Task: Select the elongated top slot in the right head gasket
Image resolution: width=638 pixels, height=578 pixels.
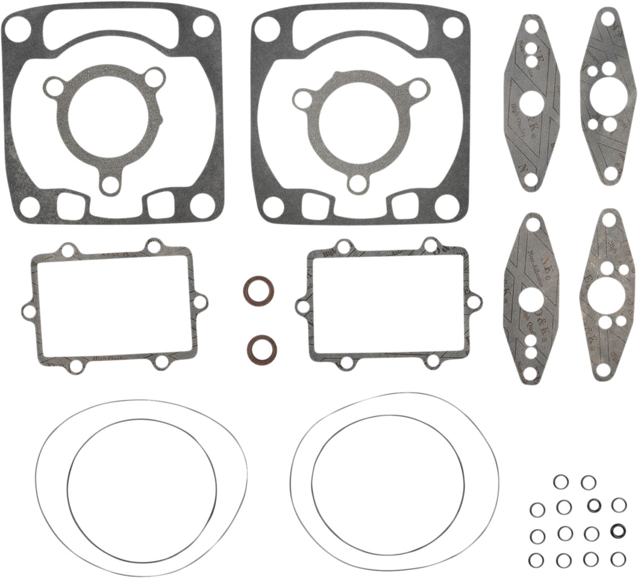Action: click(x=362, y=24)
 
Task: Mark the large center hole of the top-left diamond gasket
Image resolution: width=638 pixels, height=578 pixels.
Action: click(x=531, y=102)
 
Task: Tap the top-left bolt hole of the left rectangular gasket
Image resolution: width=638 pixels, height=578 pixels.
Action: click(x=68, y=249)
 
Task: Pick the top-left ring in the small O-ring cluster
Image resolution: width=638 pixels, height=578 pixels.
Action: click(x=560, y=482)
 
